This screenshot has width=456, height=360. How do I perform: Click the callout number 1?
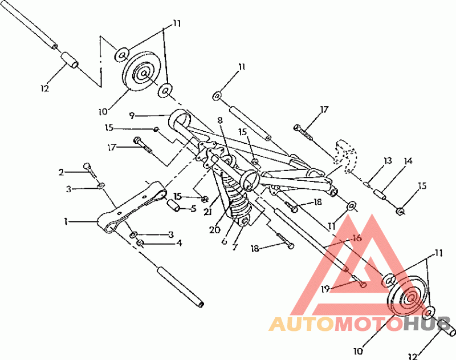click(66, 220)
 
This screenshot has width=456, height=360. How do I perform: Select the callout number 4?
click(179, 243)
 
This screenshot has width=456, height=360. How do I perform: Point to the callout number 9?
click(131, 115)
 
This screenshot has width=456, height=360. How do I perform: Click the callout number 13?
click(388, 161)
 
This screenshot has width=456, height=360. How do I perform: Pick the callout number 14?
click(408, 161)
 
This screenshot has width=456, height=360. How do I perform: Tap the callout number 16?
click(357, 238)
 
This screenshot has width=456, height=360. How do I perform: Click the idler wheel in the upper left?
click(140, 75)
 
